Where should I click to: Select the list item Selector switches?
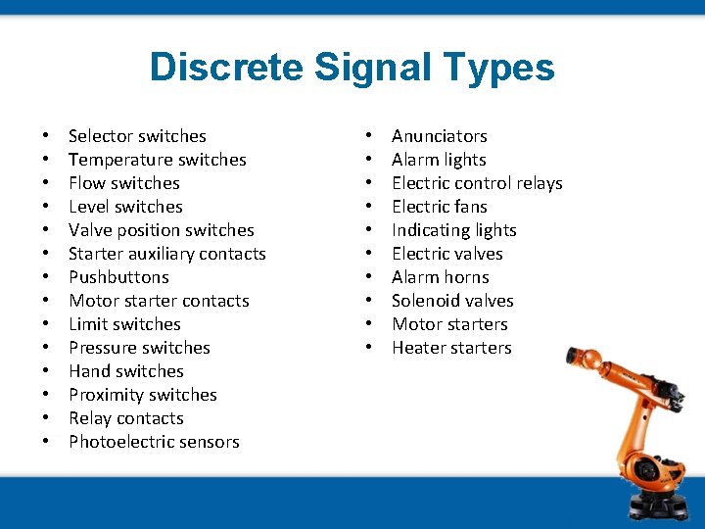click(137, 136)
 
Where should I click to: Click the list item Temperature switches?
click(157, 160)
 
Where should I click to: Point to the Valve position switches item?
click(161, 230)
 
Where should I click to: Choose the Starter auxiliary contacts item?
click(166, 254)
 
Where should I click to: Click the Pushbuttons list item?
click(118, 277)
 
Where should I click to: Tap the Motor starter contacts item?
click(159, 301)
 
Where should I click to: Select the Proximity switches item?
click(142, 395)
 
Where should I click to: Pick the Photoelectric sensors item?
click(154, 442)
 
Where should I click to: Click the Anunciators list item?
click(439, 136)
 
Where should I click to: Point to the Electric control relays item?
click(477, 183)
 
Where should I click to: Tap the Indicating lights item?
click(453, 230)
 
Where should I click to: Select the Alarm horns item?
click(440, 277)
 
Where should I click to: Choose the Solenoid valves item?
click(452, 301)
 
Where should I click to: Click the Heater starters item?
click(451, 348)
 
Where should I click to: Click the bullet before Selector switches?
click(46, 136)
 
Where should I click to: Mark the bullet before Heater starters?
click(370, 348)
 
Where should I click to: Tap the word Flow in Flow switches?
click(85, 183)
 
